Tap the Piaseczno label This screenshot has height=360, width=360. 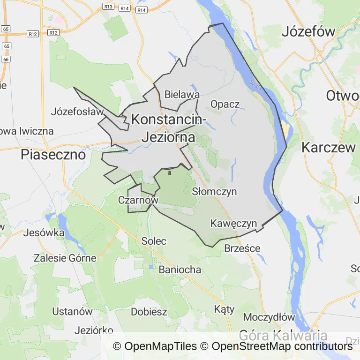[x=53, y=155]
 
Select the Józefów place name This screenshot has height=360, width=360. [x=308, y=32]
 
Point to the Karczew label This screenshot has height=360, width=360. [x=329, y=147]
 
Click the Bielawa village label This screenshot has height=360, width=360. [x=182, y=95]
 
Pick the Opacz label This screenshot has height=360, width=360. [x=225, y=104]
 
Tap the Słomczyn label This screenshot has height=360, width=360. [x=214, y=192]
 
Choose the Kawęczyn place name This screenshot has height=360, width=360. [x=233, y=223]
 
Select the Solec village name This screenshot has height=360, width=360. [x=154, y=241]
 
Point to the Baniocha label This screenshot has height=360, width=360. [x=180, y=270]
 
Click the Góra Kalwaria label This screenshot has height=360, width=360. [x=283, y=336]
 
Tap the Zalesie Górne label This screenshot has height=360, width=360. [x=65, y=258]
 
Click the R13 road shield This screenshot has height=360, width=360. [x=108, y=7]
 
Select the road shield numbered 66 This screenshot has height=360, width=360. [x=6, y=60]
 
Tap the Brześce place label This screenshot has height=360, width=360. [x=242, y=248]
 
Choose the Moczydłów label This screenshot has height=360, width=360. [x=269, y=317]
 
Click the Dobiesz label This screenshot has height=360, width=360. [x=149, y=312]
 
